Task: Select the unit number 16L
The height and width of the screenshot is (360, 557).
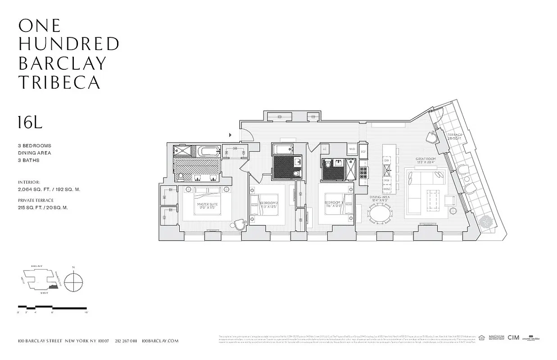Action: pos(30,122)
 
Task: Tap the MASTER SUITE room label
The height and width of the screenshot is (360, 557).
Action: pos(207,206)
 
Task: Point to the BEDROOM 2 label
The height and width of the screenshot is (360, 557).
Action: pos(268,205)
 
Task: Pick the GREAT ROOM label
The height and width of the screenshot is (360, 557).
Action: pos(426,161)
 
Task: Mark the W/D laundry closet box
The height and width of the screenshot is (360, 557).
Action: pos(352,148)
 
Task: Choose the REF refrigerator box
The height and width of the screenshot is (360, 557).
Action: pos(363,152)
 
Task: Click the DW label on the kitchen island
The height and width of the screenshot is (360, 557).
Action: pos(386,160)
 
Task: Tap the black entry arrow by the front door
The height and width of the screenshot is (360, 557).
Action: pos(231,135)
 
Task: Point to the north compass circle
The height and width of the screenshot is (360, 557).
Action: pos(73,283)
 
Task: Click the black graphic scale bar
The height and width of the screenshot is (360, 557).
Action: pos(52,308)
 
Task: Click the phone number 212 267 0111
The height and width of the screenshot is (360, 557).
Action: pos(126,341)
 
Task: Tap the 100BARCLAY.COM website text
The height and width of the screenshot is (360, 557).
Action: pos(160,341)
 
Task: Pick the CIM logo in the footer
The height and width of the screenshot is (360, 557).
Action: pos(513,337)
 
